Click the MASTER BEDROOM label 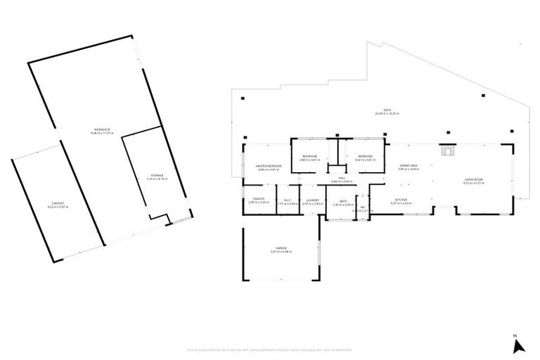(269, 167)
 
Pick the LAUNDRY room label (312, 200)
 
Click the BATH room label (343, 200)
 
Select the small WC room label (362, 207)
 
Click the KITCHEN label (401, 200)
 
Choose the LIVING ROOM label (473, 181)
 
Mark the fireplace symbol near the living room (446, 150)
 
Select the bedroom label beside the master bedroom (309, 157)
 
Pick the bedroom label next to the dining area (365, 157)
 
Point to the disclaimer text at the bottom (270, 349)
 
